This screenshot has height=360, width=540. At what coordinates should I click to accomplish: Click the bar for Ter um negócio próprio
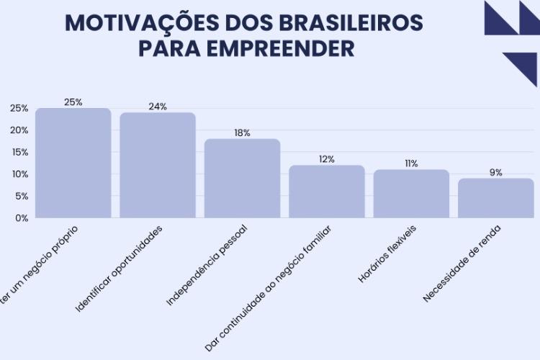pyautogui.click(x=73, y=163)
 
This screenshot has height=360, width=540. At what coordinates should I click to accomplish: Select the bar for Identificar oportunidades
pyautogui.click(x=158, y=166)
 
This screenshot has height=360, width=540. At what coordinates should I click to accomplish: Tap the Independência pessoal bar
pyautogui.click(x=242, y=179)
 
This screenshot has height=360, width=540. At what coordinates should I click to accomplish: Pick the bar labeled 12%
pyautogui.click(x=327, y=192)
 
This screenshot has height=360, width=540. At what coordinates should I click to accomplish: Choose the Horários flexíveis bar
pyautogui.click(x=411, y=194)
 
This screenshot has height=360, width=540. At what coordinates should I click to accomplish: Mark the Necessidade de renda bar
pyautogui.click(x=495, y=198)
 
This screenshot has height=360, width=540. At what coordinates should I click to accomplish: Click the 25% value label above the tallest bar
pyautogui.click(x=73, y=102)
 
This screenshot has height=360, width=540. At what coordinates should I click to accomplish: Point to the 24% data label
pyautogui.click(x=158, y=107)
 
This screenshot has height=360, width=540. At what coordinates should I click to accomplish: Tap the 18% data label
pyautogui.click(x=242, y=133)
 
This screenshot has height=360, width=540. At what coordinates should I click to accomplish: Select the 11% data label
pyautogui.click(x=411, y=163)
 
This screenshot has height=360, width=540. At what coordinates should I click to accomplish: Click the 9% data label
pyautogui.click(x=495, y=173)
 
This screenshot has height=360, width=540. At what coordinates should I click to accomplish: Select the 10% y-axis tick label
pyautogui.click(x=19, y=174)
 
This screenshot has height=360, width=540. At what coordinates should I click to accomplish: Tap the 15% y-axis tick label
pyautogui.click(x=19, y=152)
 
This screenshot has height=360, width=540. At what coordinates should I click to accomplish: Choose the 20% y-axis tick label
pyautogui.click(x=19, y=130)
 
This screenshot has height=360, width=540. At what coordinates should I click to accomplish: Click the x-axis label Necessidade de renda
pyautogui.click(x=462, y=264)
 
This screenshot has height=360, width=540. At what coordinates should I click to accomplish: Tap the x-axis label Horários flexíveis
pyautogui.click(x=387, y=253)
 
